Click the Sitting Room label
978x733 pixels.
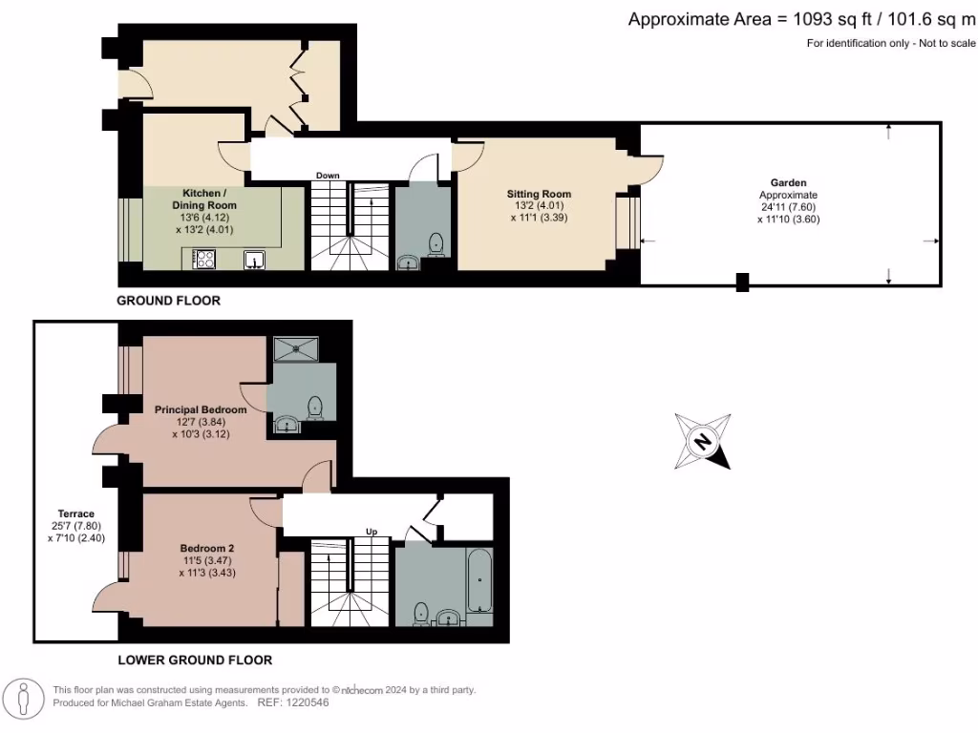tap(539, 194)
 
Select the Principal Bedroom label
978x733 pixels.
tap(201, 409)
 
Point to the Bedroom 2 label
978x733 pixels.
tap(207, 548)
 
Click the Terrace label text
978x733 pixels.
tap(74, 513)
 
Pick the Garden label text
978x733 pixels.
tap(789, 181)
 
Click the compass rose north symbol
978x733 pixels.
tap(703, 441)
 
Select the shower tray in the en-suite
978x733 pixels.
tap(299, 349)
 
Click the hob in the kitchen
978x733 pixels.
tap(204, 258)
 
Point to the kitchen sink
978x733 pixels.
tap(254, 259)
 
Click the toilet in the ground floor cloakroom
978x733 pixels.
tap(436, 244)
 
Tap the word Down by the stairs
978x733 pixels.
tap(328, 176)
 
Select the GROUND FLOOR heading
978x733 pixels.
tap(168, 301)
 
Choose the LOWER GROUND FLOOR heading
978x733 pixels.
tap(195, 660)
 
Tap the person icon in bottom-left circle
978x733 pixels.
tap(23, 699)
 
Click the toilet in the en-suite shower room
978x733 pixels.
tap(315, 408)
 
